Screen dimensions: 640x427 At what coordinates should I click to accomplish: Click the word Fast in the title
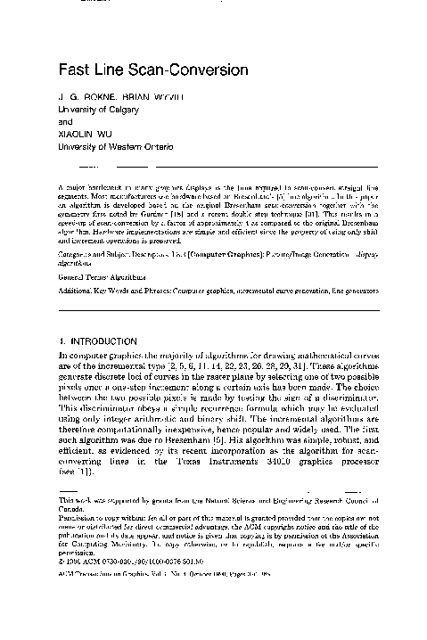[74, 70]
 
